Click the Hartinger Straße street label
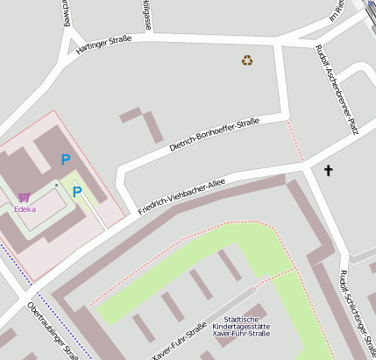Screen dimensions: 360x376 coord(103,45)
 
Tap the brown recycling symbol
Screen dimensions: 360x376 coord(247,60)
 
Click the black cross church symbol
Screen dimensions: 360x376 coord(330,170)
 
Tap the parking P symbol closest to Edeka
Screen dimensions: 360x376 coord(77,192)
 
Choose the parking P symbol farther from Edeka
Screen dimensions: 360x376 coord(66,159)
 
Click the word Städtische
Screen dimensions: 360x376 coord(241,319)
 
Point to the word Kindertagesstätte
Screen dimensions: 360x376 coord(241,327)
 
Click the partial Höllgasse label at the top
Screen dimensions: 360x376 coord(146,15)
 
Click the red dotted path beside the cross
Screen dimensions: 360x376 coord(294,140)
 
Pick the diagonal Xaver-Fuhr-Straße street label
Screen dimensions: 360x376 coord(180,342)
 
